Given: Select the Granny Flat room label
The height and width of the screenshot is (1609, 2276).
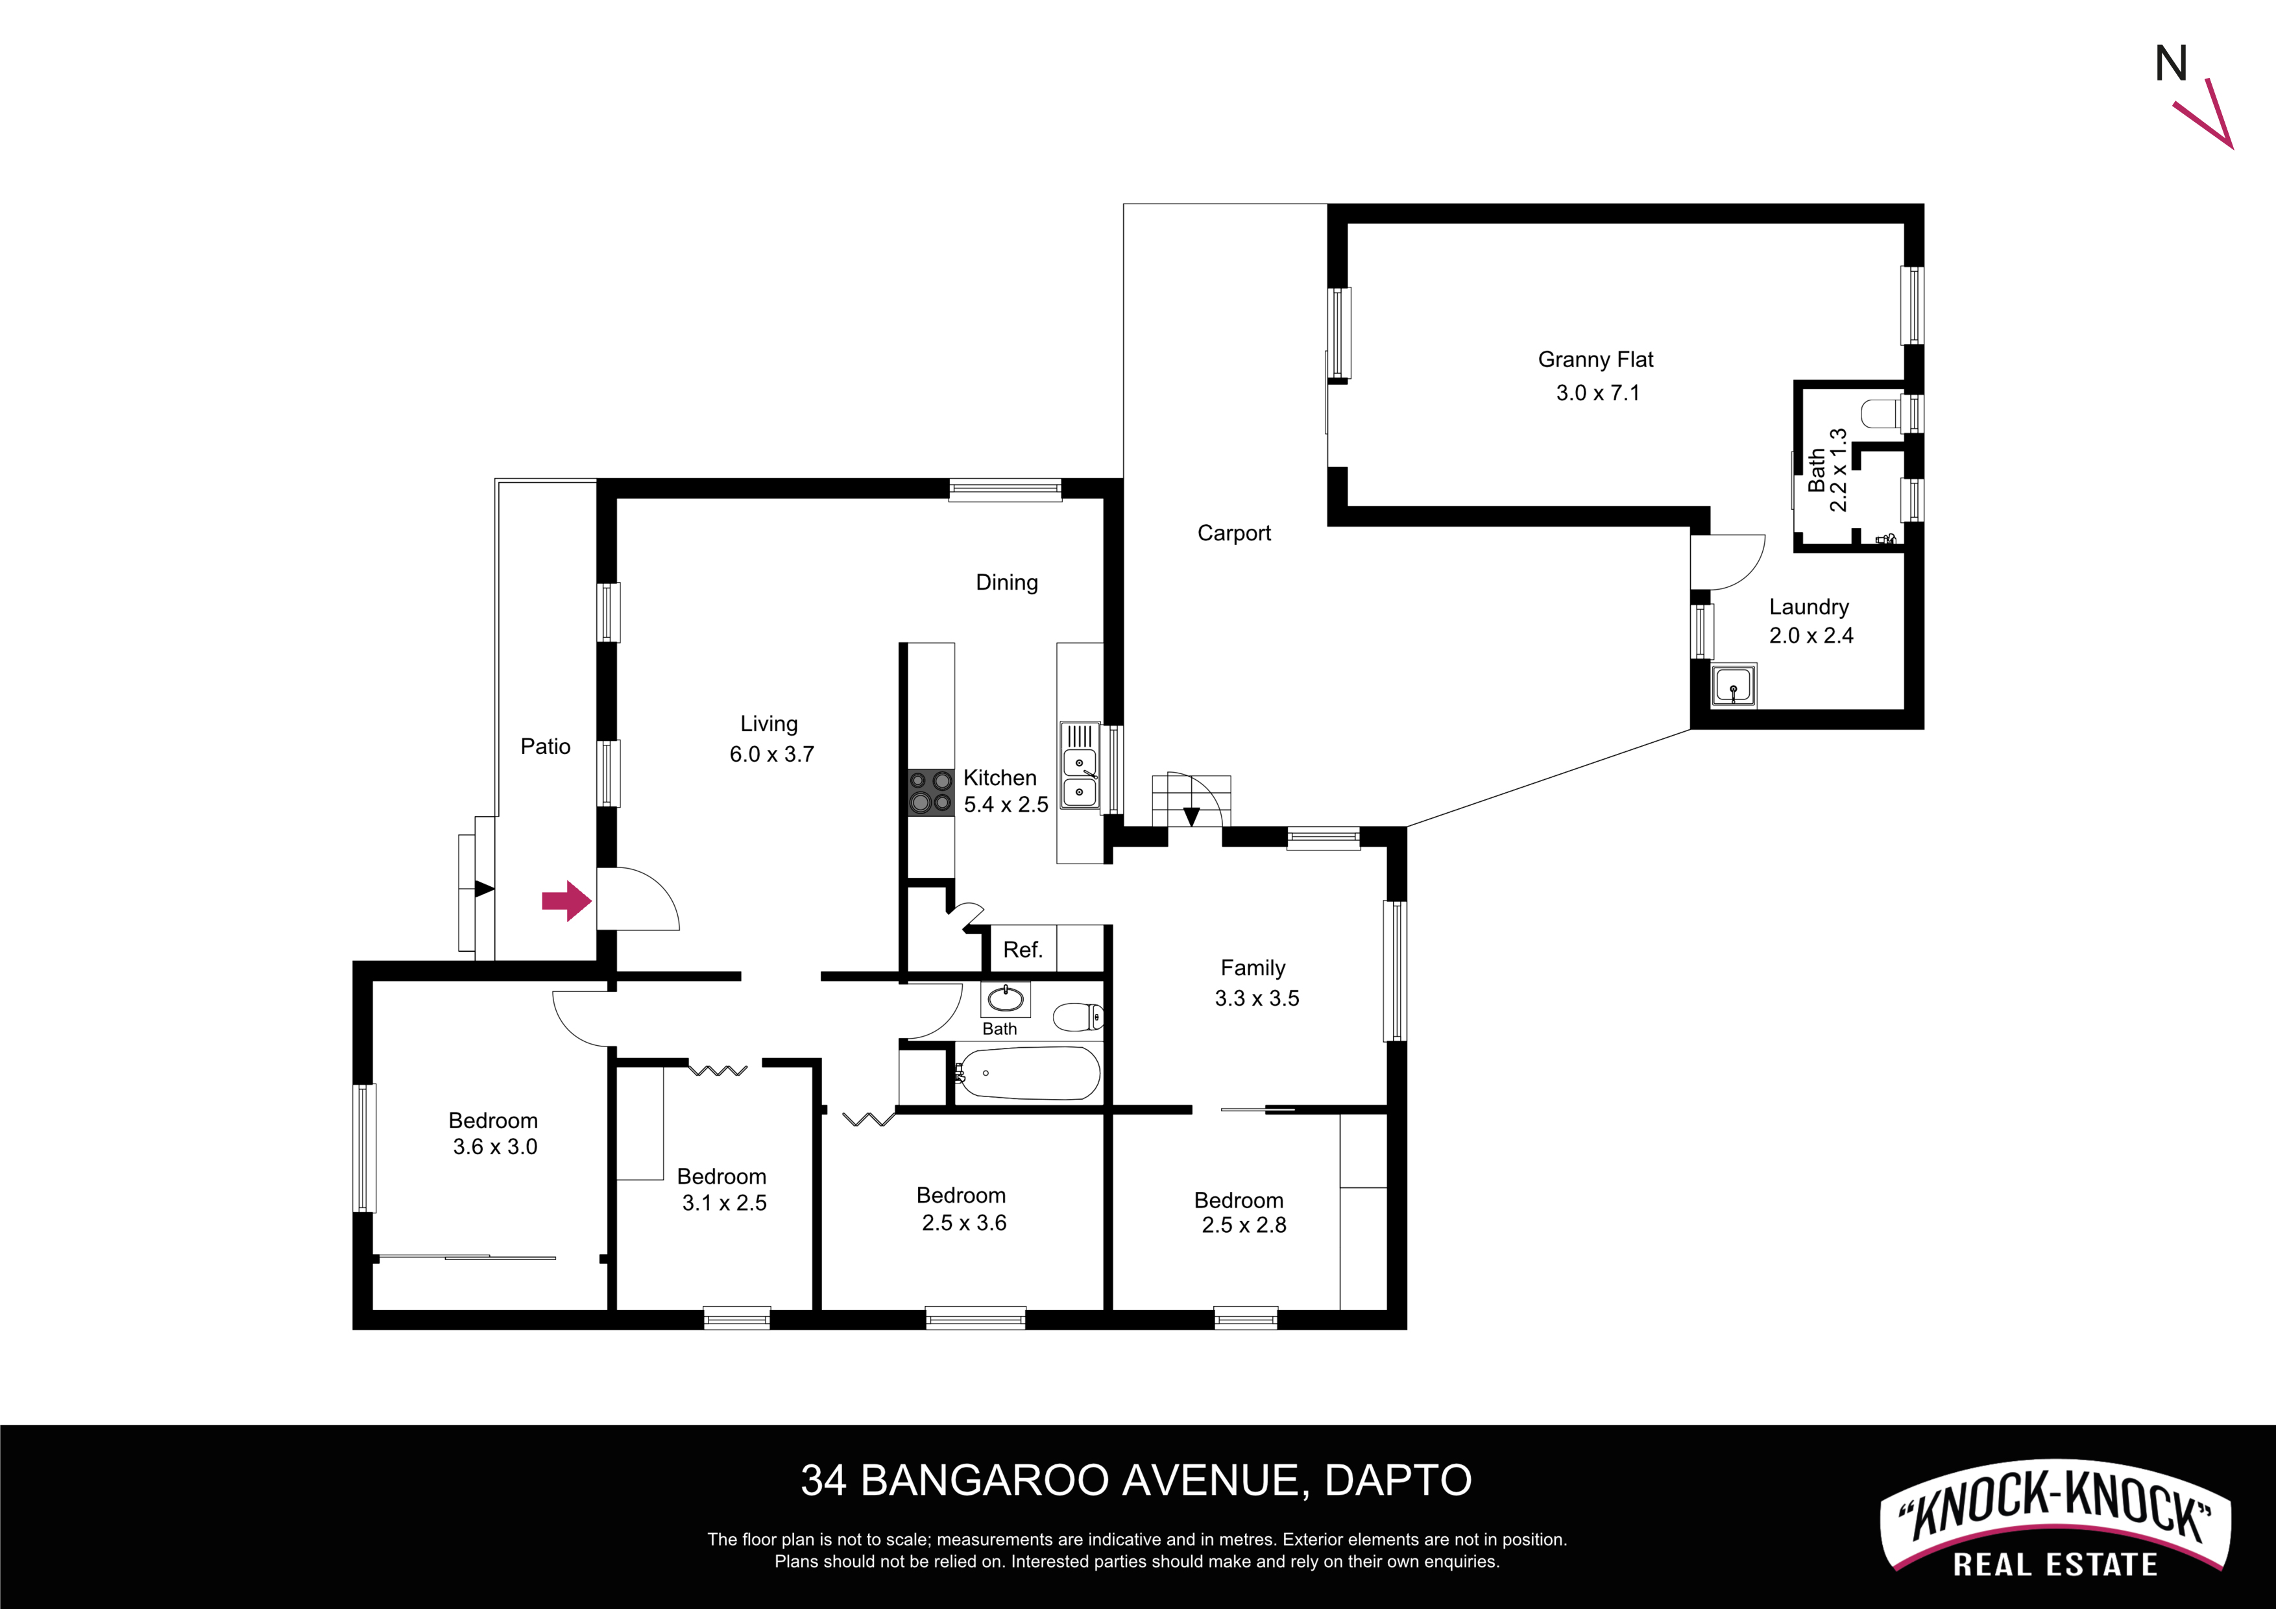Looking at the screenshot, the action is point(1596,360).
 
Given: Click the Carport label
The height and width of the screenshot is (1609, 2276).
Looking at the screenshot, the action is point(1234,533).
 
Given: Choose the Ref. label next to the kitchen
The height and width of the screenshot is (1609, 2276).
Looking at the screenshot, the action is point(1023,950).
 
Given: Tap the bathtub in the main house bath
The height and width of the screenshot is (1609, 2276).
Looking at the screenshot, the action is point(1029,1074).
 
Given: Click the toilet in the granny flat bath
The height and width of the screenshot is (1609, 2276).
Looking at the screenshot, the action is point(1880,413).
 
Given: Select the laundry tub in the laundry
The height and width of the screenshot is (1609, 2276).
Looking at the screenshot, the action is point(1734,686).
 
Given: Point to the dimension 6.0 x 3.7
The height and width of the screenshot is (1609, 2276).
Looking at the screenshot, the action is point(772,755).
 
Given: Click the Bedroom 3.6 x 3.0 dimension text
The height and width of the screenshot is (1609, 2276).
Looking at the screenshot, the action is point(496,1147).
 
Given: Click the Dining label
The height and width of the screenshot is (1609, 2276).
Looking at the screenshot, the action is point(1007,583).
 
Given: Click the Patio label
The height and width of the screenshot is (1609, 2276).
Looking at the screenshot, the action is point(545,747).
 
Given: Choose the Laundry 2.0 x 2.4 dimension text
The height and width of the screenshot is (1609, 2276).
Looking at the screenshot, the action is point(1811,635).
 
